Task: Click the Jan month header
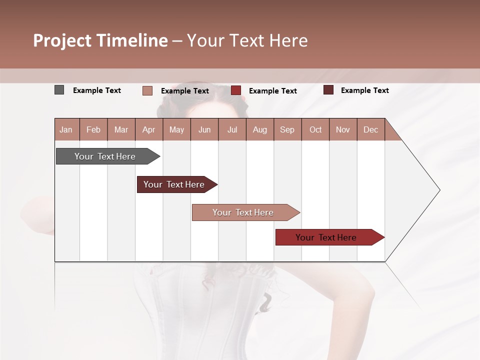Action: point(66,129)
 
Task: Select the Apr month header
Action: point(148,129)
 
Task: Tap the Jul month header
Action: point(232,129)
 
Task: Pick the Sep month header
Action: point(287,129)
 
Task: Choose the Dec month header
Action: point(370,129)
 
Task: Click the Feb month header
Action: point(93,129)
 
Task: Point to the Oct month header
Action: point(315,129)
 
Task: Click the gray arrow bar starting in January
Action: point(105,156)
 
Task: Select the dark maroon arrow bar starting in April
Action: point(174,184)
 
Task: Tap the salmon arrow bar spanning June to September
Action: point(243,212)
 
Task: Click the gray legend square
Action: point(59,90)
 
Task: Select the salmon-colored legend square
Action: point(147,90)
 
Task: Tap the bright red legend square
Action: point(236,90)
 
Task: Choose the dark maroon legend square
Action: point(328,90)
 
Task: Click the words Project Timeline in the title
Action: point(100,40)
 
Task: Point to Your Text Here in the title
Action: point(247,40)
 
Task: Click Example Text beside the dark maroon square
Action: point(364,90)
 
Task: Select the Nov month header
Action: point(343,129)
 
